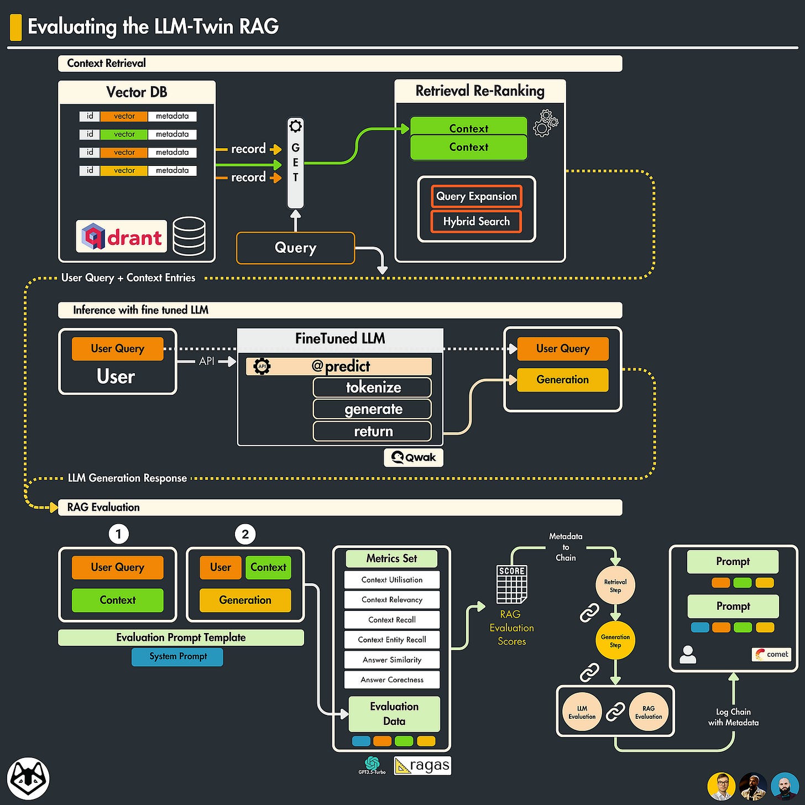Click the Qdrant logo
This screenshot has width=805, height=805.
click(x=122, y=237)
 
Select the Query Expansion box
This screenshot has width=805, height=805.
click(x=476, y=196)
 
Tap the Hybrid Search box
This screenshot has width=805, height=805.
click(x=476, y=222)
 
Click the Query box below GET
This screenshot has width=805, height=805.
click(x=295, y=248)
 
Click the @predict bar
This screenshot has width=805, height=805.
click(x=339, y=366)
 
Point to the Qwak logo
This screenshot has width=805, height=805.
click(x=414, y=457)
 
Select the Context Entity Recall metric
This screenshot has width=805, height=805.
click(x=391, y=640)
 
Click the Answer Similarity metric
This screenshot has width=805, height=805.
click(x=391, y=660)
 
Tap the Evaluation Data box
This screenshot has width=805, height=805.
click(x=394, y=714)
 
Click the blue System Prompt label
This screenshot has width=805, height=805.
click(x=177, y=656)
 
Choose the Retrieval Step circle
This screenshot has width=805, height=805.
click(x=615, y=586)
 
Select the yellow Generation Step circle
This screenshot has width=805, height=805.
click(x=615, y=641)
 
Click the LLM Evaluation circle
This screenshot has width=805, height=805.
click(x=582, y=712)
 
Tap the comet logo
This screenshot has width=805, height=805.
click(x=772, y=654)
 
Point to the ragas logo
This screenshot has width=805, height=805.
click(x=423, y=765)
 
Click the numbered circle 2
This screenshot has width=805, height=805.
click(x=245, y=534)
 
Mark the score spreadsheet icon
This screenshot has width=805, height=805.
click(x=511, y=584)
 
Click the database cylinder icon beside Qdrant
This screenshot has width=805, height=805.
click(x=189, y=236)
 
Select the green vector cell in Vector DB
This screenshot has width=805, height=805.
click(x=124, y=134)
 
